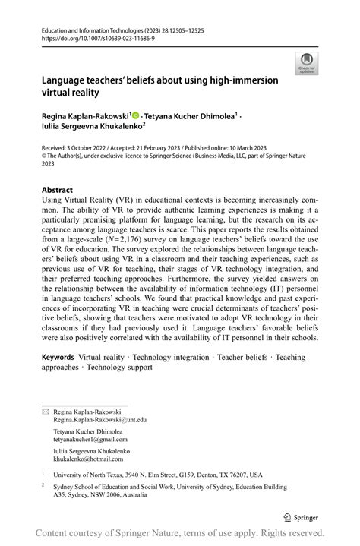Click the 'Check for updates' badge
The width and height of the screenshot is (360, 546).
tap(306, 62)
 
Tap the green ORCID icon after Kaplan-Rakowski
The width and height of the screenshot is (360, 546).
tap(136, 115)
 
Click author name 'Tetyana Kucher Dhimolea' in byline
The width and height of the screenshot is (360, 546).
tap(191, 115)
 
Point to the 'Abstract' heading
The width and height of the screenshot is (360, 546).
tap(57, 190)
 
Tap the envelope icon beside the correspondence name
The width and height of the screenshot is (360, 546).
tap(45, 412)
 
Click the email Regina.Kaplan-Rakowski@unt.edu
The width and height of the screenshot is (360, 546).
tap(99, 420)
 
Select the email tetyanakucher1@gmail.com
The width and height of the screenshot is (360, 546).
tap(90, 440)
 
